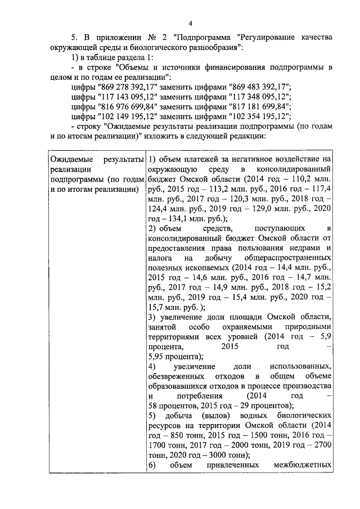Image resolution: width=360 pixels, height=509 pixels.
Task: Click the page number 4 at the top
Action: coord(190,23)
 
